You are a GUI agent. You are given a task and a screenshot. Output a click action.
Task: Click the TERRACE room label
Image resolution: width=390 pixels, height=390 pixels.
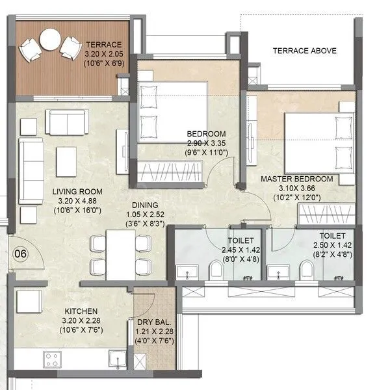click(x=103, y=45)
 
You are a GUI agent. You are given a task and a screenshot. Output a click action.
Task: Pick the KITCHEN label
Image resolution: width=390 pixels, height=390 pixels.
click(x=81, y=312)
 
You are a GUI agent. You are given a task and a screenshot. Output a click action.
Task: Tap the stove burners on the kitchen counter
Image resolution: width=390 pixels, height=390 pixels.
click(x=52, y=359)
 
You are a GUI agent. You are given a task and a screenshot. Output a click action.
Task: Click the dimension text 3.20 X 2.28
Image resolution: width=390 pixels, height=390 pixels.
click(x=81, y=322)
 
